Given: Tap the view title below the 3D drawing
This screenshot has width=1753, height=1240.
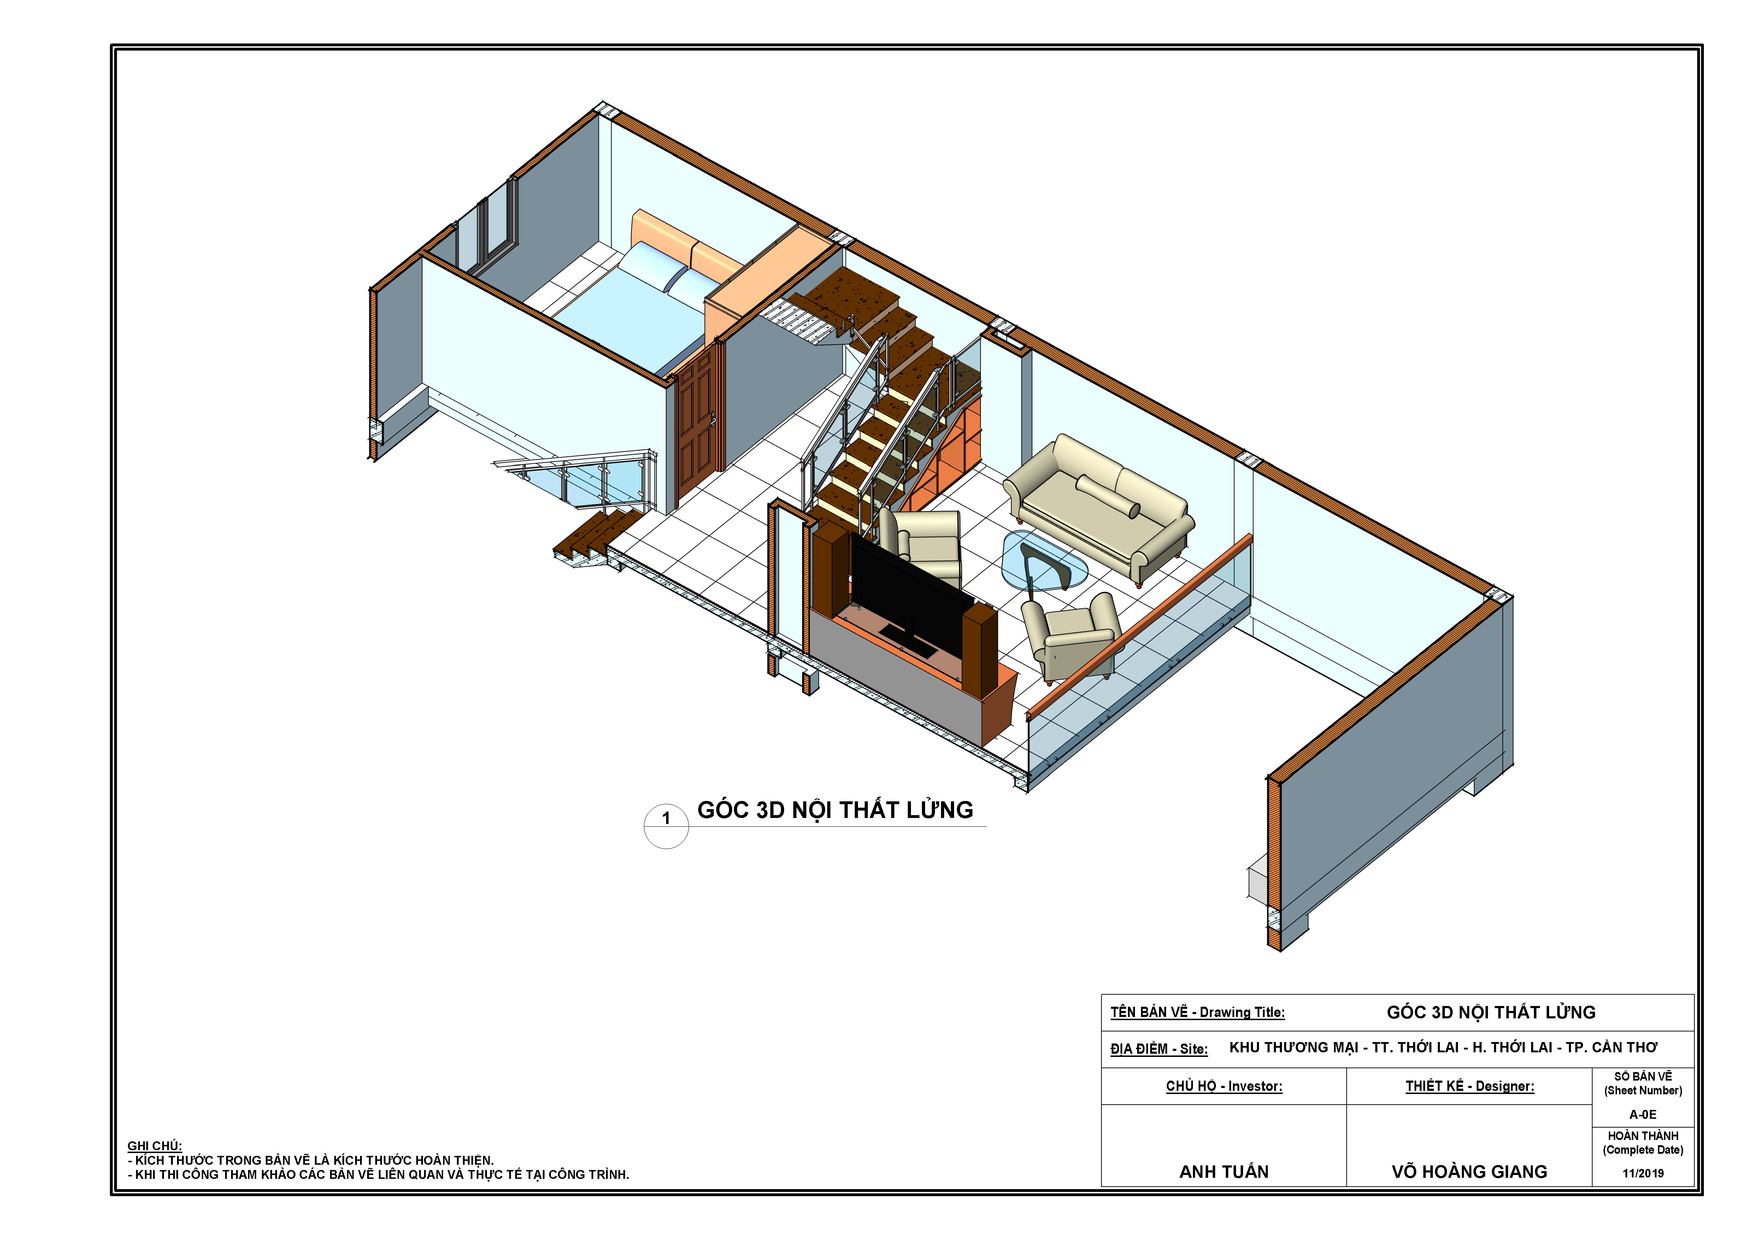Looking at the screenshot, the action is click(835, 810).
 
